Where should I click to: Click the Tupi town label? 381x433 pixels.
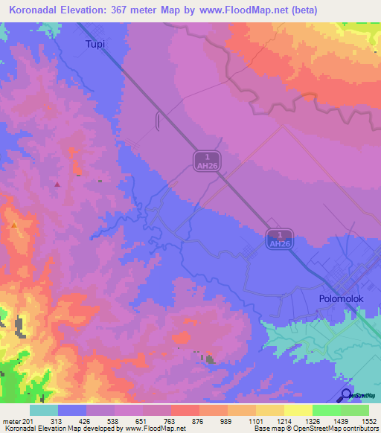pyautogui.click(x=94, y=44)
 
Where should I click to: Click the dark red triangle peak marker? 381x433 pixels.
pyautogui.click(x=57, y=184)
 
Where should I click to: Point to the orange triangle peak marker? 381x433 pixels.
pyautogui.click(x=13, y=224)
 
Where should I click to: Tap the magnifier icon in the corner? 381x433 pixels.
pyautogui.click(x=346, y=395)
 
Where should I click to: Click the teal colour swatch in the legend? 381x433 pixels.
pyautogui.click(x=44, y=410)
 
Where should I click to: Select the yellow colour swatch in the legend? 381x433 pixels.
pyautogui.click(x=298, y=410)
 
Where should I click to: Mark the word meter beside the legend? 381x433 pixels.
pyautogui.click(x=12, y=420)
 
